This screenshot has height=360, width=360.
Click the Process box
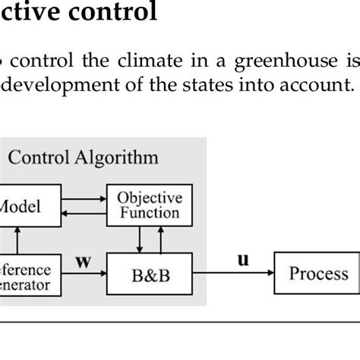(318, 274)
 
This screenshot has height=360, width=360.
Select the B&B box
(149, 275)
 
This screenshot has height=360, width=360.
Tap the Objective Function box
(149, 205)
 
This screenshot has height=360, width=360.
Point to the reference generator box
(26, 276)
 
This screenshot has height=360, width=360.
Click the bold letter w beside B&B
(83, 262)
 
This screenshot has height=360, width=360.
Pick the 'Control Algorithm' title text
(83, 158)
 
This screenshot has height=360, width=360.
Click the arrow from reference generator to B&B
(83, 275)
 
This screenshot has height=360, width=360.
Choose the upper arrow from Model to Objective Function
(83, 197)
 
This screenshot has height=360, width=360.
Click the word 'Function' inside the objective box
(149, 213)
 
